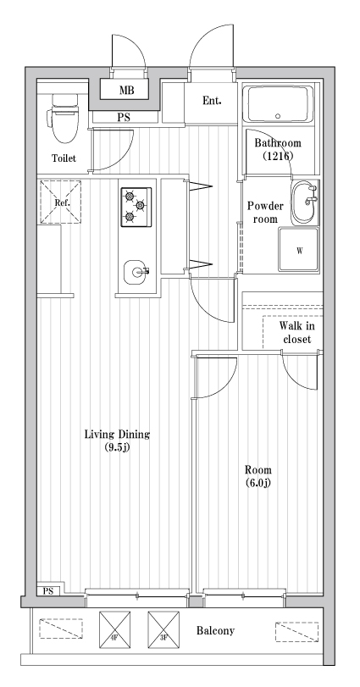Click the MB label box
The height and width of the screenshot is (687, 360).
coord(126,90)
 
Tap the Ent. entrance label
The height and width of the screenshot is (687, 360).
coord(212,101)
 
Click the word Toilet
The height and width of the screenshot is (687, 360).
coord(64,158)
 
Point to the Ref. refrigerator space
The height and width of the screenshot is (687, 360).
coord(61,202)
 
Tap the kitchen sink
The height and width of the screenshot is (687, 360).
coord(136,273)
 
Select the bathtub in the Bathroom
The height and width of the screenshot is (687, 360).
coord(277,106)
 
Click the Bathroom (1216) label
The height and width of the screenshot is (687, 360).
coord(278,150)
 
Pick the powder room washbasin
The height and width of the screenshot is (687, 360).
coord(304,202)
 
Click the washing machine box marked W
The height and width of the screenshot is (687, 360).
coord(299,251)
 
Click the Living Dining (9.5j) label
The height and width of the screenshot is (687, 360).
coord(117,440)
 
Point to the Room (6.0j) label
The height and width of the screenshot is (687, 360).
coord(258,476)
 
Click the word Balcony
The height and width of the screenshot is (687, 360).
coord(215,631)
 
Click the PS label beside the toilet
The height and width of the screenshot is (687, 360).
coord(124,119)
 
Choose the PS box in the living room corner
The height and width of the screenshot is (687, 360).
coord(47,590)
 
